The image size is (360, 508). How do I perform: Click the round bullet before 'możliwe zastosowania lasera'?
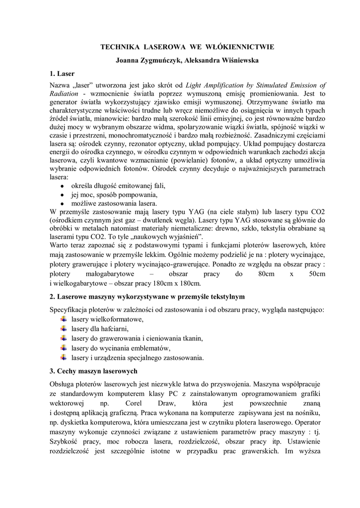click(x=61, y=203)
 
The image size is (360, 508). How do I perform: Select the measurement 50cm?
click(x=316, y=274)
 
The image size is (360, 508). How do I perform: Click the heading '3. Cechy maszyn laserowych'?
click(x=93, y=371)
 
